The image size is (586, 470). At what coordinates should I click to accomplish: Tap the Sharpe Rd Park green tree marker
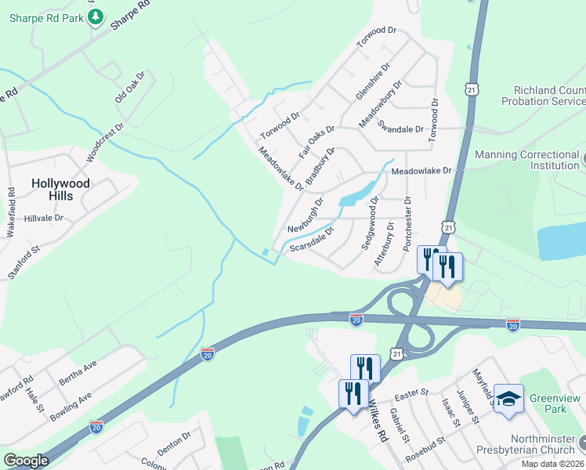pyautogui.click(x=96, y=17)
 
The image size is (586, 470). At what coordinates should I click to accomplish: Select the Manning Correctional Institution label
pyautogui.click(x=526, y=160)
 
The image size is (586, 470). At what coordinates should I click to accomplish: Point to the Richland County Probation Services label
pyautogui.click(x=548, y=96)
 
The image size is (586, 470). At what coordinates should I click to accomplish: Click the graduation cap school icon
pyautogui.click(x=508, y=398)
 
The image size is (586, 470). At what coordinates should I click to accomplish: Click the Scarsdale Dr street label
pyautogui.click(x=311, y=240)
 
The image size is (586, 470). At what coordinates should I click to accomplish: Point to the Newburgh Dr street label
pyautogui.click(x=305, y=215)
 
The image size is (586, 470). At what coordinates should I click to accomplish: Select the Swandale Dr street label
pyautogui.click(x=400, y=127)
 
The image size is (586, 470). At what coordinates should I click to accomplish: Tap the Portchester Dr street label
pyautogui.click(x=407, y=224)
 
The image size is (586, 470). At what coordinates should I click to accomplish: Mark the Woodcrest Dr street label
pyautogui.click(x=106, y=142)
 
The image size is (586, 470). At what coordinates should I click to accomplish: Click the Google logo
pyautogui.click(x=26, y=461)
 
